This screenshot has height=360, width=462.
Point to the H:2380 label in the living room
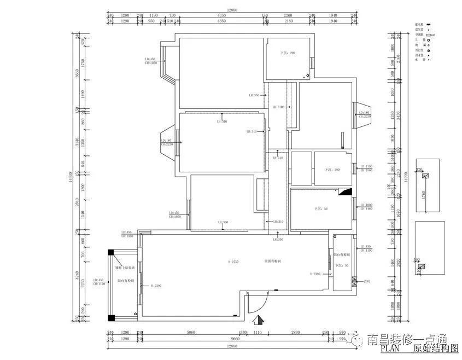(315, 274)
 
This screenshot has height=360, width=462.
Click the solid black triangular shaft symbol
(345, 191)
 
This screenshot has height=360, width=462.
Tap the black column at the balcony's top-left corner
(110, 252)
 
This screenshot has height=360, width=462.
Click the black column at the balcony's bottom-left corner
(110, 317)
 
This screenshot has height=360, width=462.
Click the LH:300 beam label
(223, 222)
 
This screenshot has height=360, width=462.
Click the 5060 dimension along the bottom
(191, 332)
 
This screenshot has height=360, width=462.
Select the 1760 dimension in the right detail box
(422, 194)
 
